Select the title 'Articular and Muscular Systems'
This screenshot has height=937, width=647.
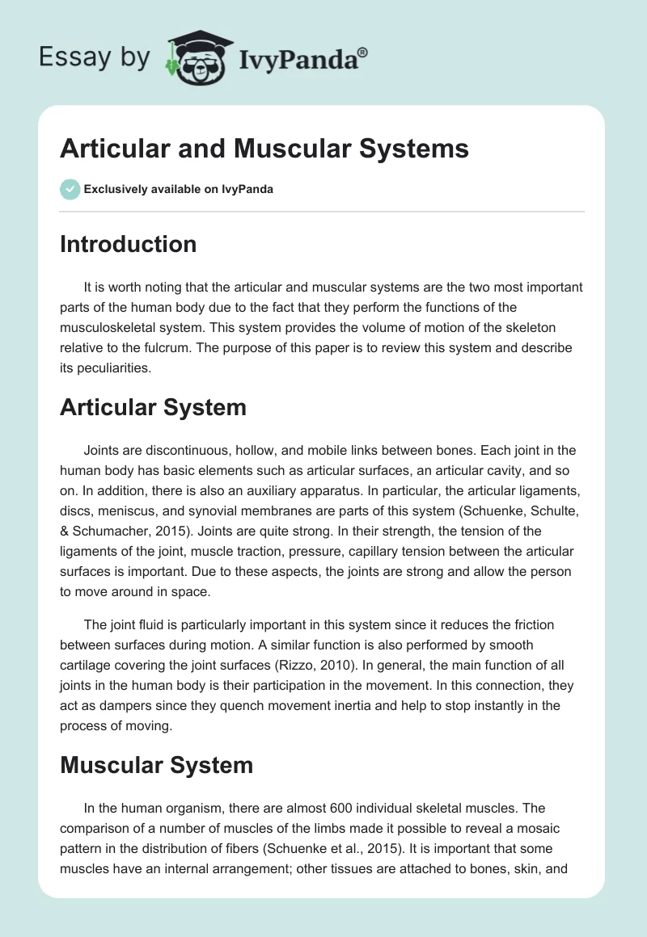coord(264,149)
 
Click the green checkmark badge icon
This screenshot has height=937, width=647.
coord(70,189)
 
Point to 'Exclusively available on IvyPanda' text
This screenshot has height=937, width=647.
coord(179,190)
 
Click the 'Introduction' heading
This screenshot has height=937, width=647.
coord(128,244)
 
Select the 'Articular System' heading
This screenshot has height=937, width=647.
coord(153,407)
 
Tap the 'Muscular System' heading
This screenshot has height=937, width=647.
coord(156,765)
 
